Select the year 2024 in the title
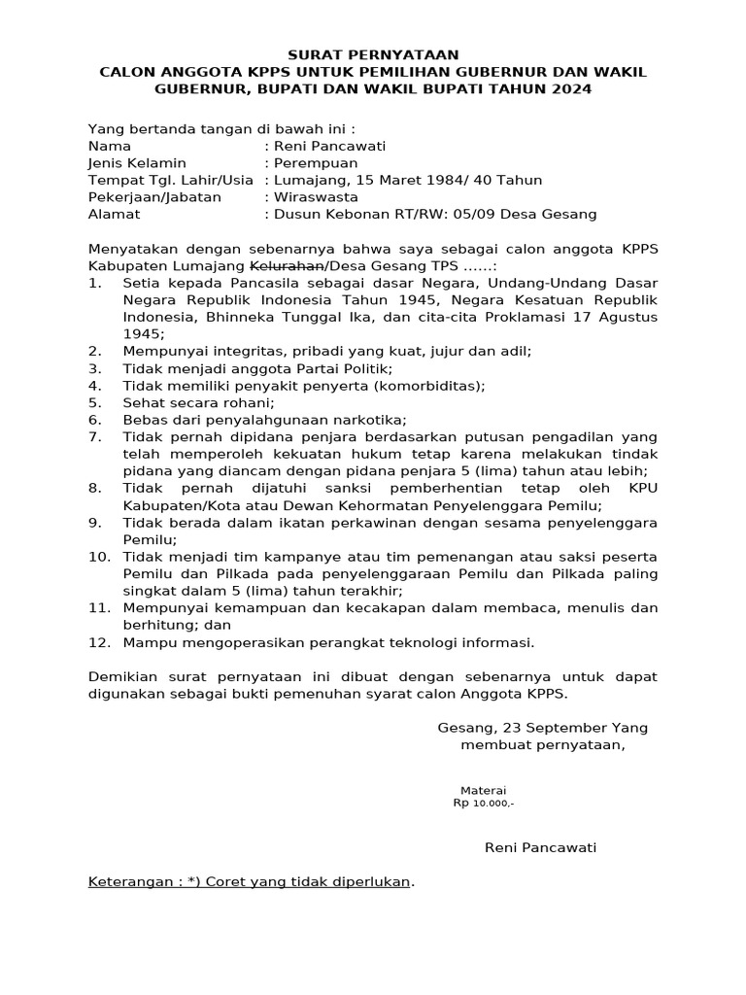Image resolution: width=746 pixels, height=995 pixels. click(x=569, y=89)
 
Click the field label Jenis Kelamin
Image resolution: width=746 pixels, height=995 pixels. click(x=137, y=162)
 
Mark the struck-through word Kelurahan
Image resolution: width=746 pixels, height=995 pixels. click(x=288, y=266)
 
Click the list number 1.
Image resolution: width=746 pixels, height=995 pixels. click(x=93, y=283)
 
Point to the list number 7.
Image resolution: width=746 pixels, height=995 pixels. click(x=93, y=436)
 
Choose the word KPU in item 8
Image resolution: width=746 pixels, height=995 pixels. click(x=642, y=488)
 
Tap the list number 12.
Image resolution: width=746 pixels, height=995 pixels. click(x=97, y=642)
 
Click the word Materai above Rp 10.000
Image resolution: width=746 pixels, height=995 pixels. click(x=483, y=791)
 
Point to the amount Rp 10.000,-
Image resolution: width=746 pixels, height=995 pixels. click(x=484, y=805)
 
